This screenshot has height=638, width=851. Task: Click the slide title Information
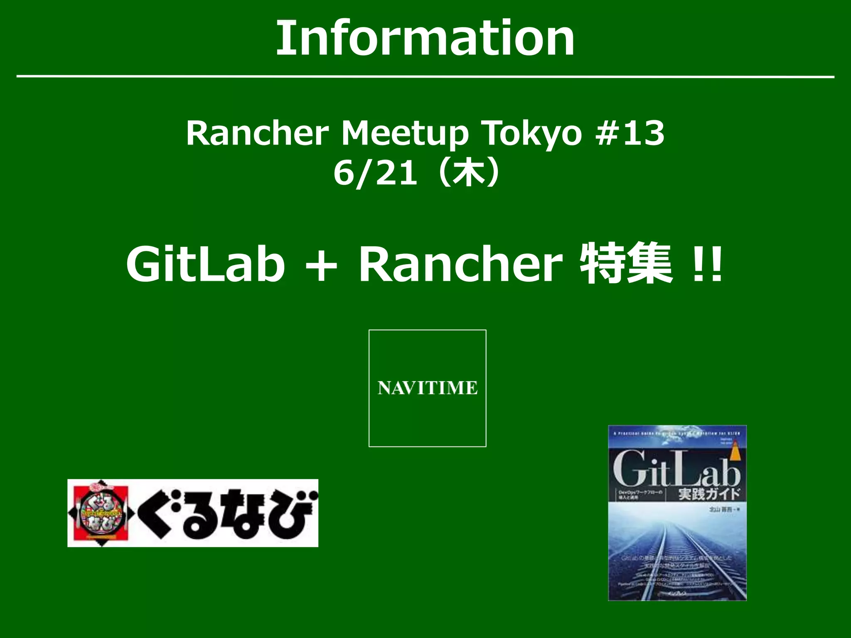point(425,39)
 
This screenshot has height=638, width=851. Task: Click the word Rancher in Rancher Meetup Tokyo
point(257,133)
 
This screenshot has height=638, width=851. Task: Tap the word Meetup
point(405,133)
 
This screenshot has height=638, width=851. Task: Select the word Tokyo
point(533,133)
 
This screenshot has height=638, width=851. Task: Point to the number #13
point(630,133)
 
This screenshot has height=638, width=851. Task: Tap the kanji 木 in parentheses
point(469,172)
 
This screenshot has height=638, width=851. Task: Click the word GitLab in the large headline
point(206,264)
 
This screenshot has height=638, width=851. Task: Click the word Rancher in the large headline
point(460,264)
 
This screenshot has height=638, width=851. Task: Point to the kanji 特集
point(626,263)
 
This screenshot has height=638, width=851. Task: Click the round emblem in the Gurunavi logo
point(100,513)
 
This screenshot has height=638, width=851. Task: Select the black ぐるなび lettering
point(226,513)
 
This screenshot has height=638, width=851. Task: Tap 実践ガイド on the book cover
point(709,494)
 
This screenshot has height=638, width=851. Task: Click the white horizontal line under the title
point(425,77)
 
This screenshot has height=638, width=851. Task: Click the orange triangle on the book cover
point(737,453)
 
